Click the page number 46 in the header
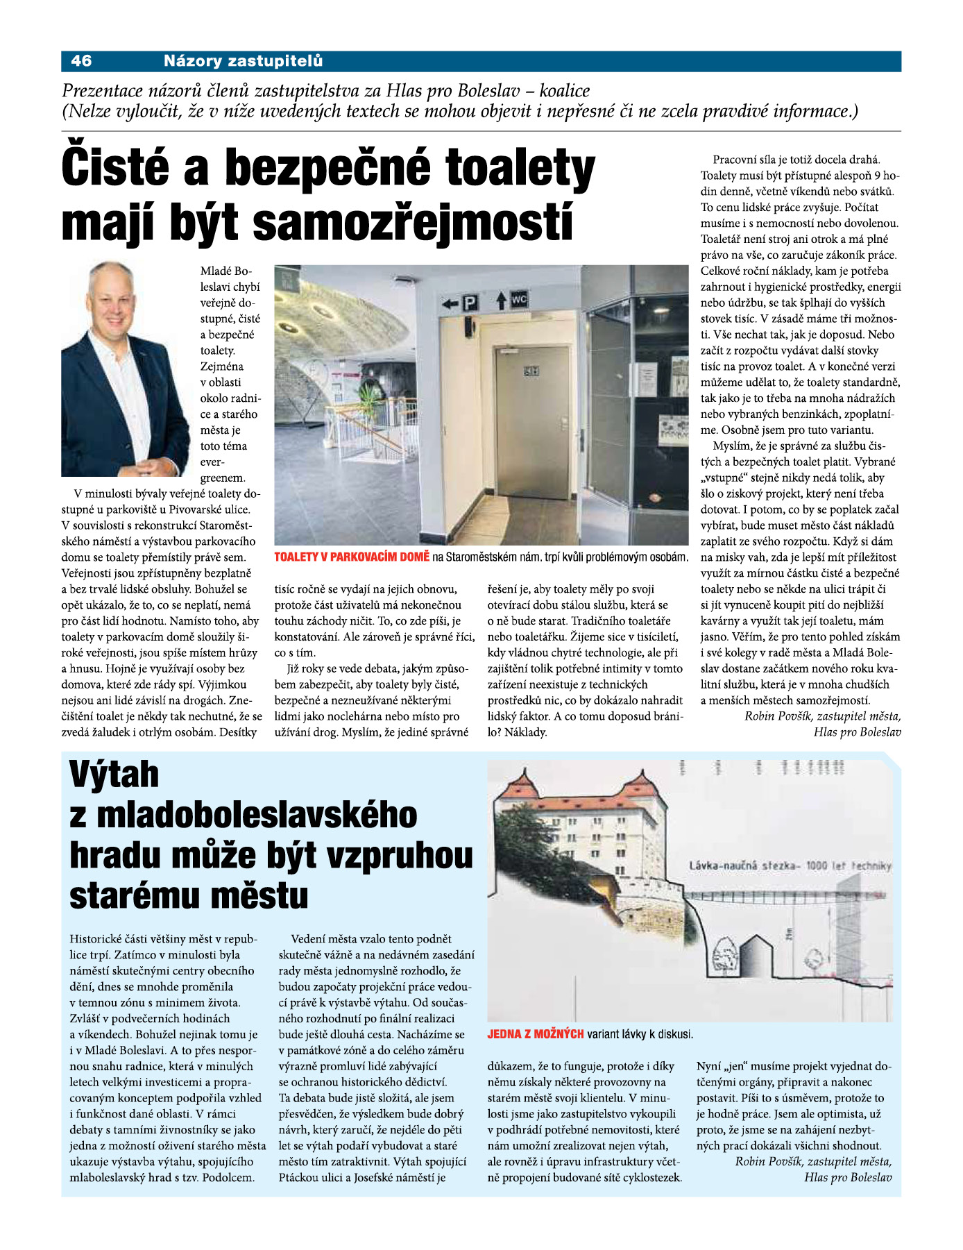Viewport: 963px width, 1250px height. point(81,61)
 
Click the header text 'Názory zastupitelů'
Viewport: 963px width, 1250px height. point(243,61)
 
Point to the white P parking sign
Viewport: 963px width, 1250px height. point(471,303)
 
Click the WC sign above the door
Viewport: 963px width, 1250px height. point(519,300)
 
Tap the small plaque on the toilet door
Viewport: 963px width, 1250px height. point(531,372)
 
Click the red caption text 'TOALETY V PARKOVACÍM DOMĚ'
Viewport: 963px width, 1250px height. point(352,557)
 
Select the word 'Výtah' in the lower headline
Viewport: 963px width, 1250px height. point(114,775)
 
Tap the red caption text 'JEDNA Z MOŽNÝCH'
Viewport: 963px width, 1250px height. point(536,1034)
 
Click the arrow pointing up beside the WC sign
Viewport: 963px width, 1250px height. point(502,301)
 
